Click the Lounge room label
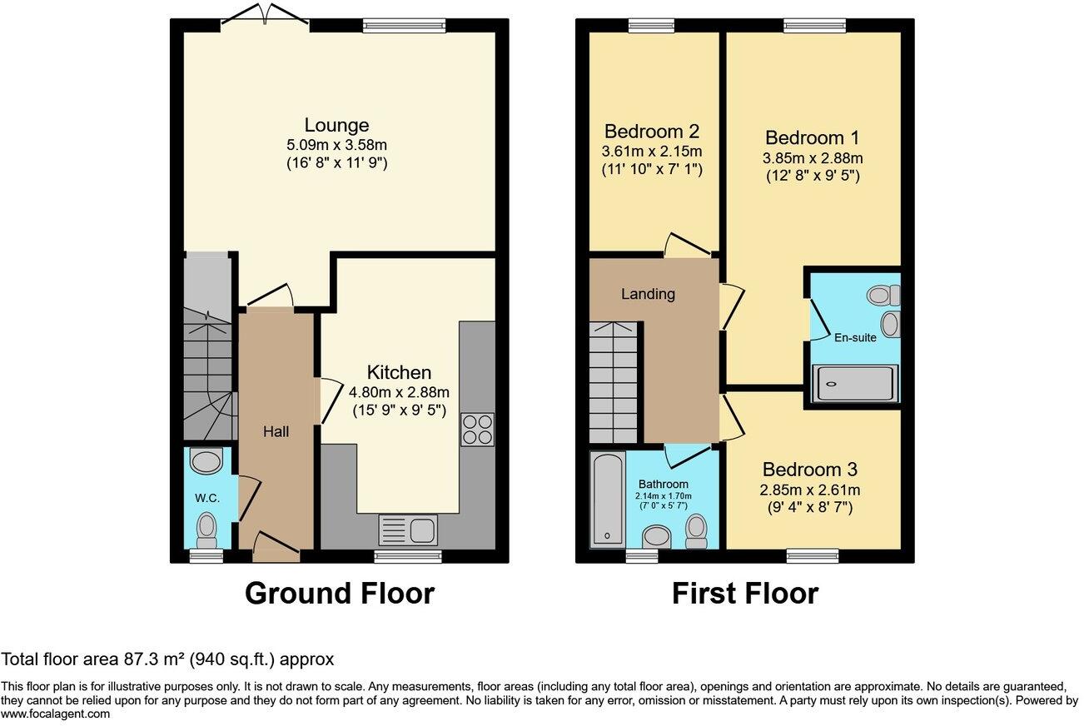coord(336,126)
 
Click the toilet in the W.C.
coord(206,526)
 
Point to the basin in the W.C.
coord(206,460)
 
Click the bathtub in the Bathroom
coord(607,500)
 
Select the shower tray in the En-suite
coord(856,384)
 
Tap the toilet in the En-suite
coord(883,294)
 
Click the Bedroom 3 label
coord(809,469)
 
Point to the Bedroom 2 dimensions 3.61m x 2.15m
coord(653,152)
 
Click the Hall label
coord(276,431)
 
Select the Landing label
coord(648,294)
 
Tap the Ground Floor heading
coord(339,594)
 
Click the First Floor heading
coord(744,594)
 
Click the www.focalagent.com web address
coord(55,714)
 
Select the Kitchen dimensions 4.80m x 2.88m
coord(400,392)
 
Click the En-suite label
coord(856,338)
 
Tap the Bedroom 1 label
coord(812,138)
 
